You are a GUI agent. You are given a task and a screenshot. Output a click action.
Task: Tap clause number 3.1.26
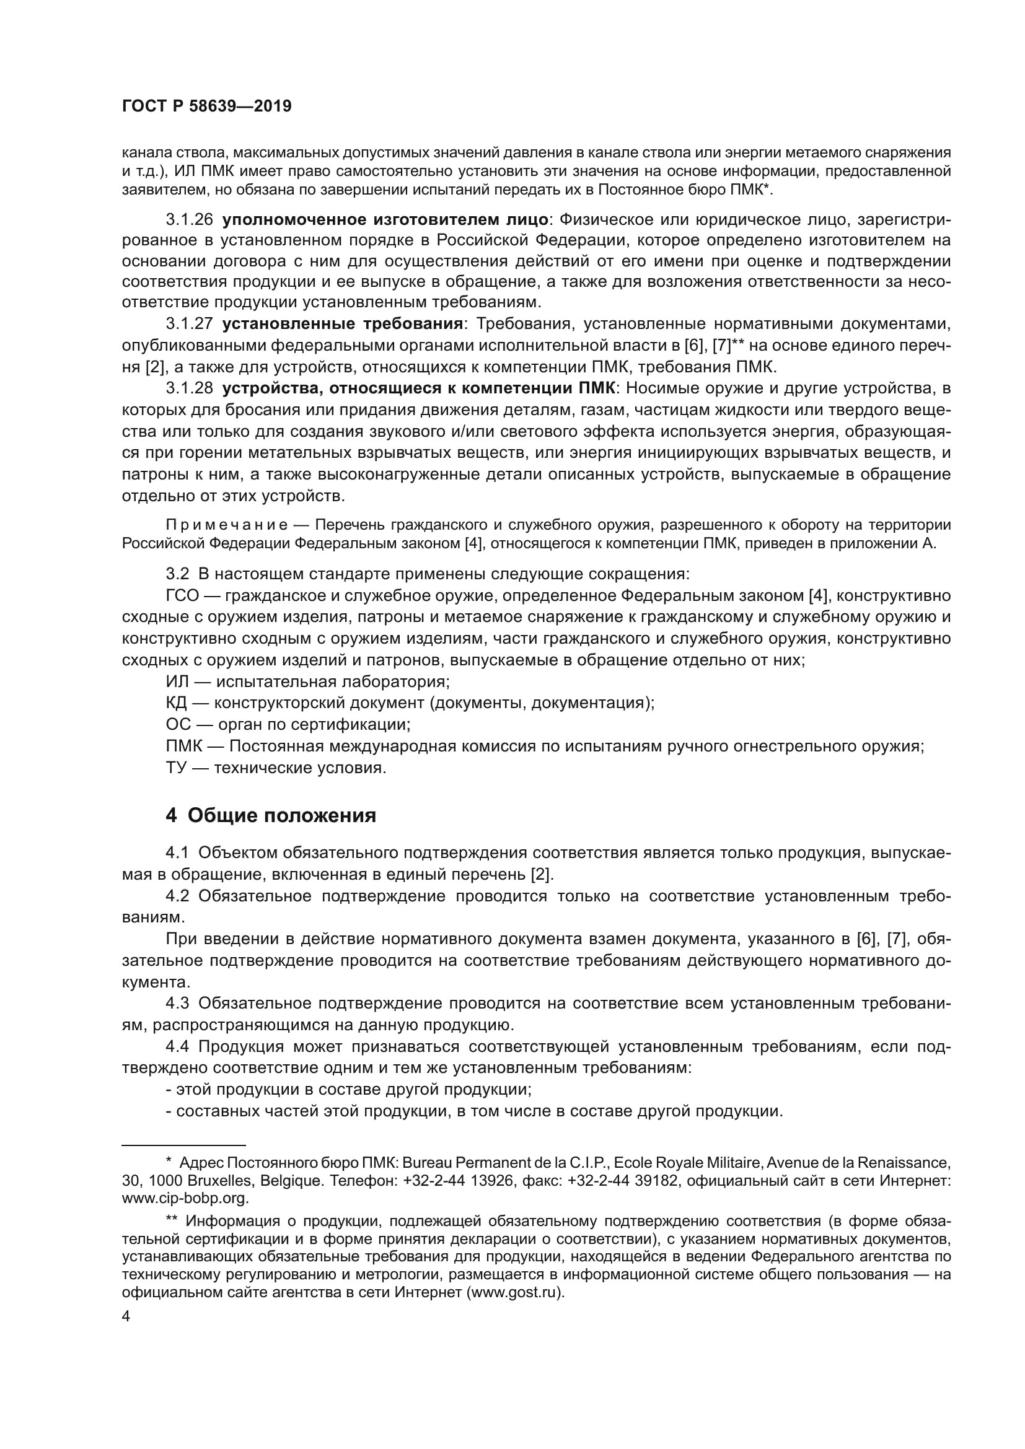(x=190, y=220)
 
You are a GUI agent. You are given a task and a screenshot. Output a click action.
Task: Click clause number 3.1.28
(x=190, y=388)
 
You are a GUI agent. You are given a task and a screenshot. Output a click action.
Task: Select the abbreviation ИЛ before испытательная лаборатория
(x=176, y=681)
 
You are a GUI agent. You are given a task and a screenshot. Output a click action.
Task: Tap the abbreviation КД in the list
(x=176, y=703)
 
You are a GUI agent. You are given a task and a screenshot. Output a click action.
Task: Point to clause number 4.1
(x=177, y=853)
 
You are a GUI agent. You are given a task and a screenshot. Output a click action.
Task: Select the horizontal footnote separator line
(x=183, y=1144)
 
